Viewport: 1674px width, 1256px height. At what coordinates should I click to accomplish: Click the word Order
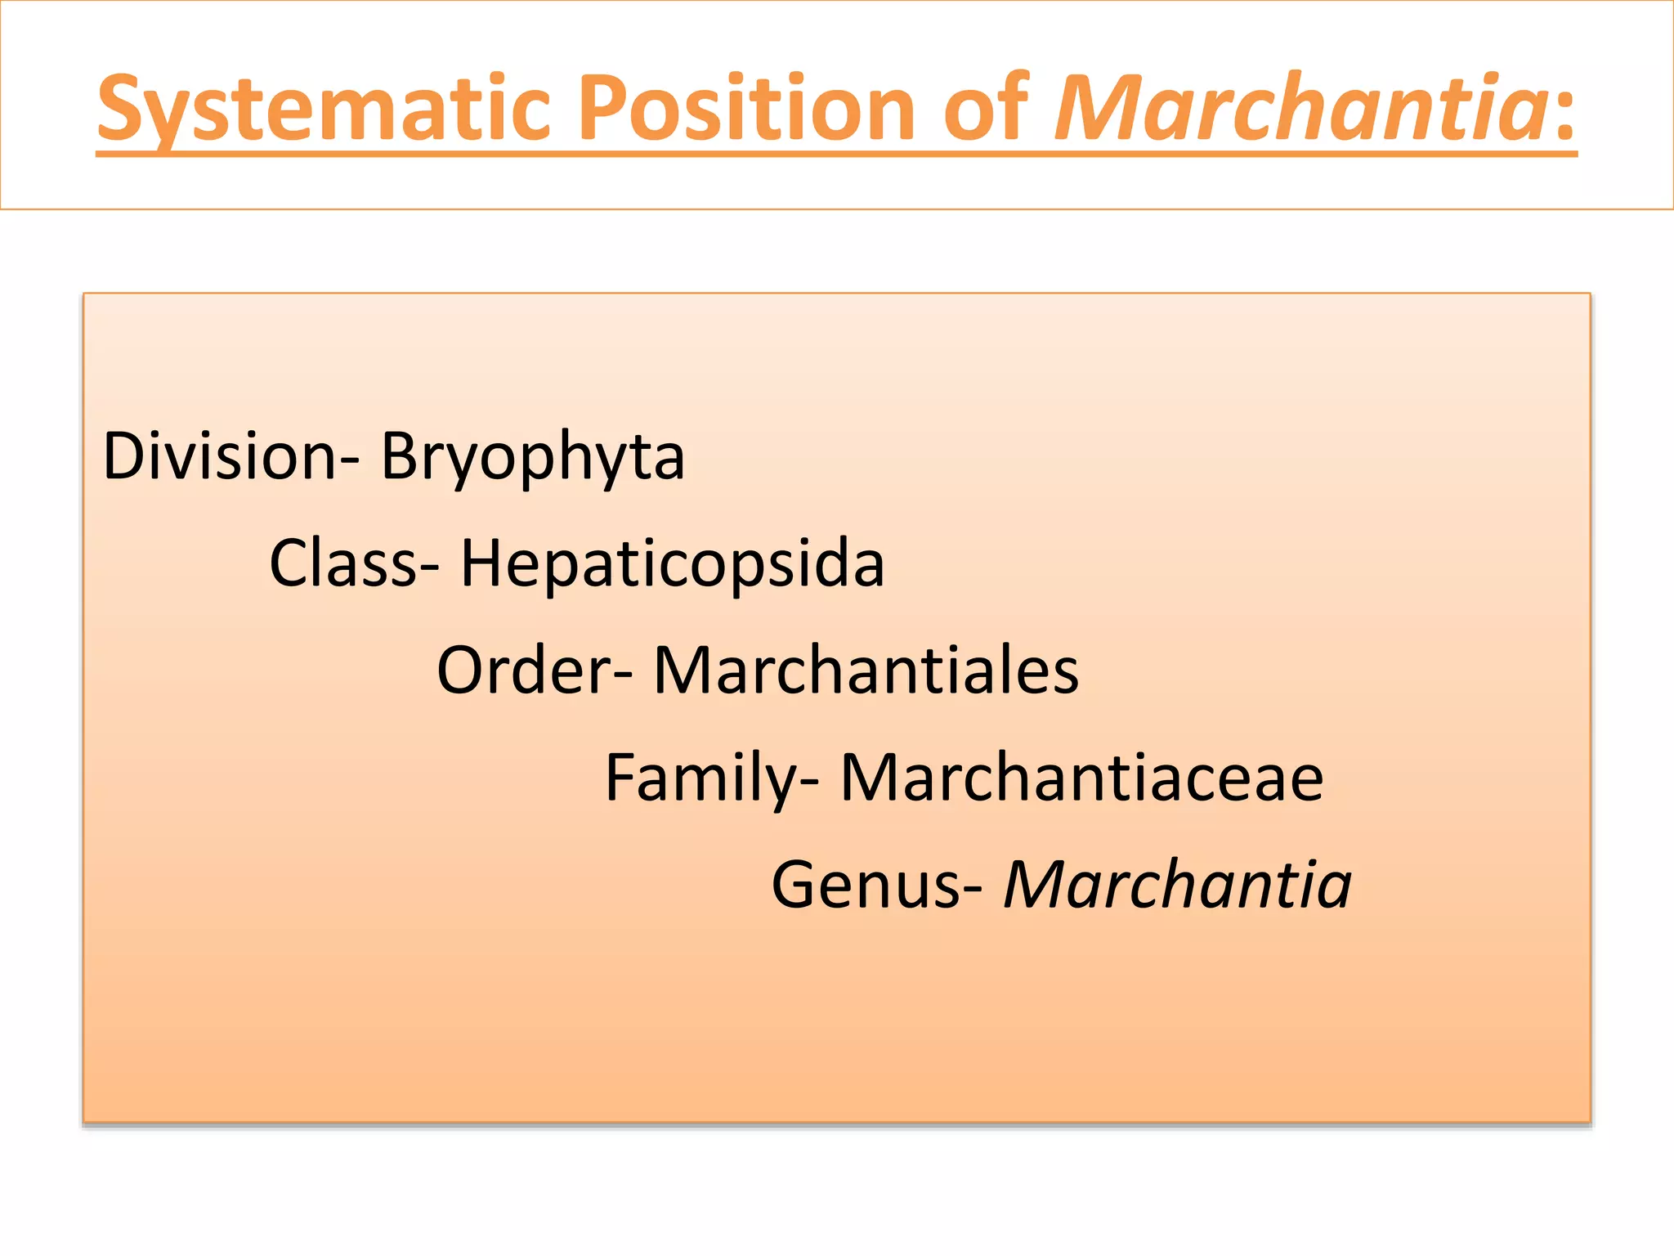(524, 671)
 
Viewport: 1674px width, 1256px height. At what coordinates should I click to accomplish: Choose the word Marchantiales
(866, 671)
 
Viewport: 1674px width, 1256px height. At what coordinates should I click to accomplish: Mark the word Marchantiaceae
(1081, 778)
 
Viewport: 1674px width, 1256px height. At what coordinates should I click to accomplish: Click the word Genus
(866, 885)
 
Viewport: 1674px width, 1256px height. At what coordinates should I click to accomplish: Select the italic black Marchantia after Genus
(1177, 885)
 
